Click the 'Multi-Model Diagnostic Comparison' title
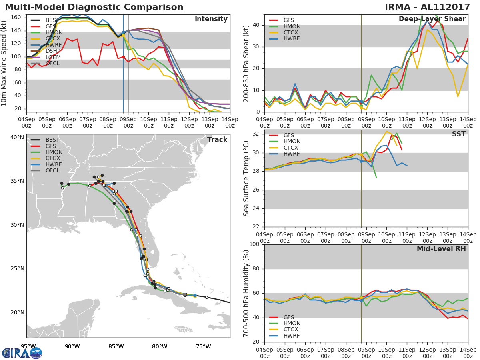94,7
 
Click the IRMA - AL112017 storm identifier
427,7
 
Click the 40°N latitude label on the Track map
17,137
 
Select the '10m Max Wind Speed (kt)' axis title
4,63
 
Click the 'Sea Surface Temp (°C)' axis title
246,178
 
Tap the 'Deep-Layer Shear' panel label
432,19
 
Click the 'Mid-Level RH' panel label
441,249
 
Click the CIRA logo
22,353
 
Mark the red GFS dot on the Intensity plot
123,57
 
